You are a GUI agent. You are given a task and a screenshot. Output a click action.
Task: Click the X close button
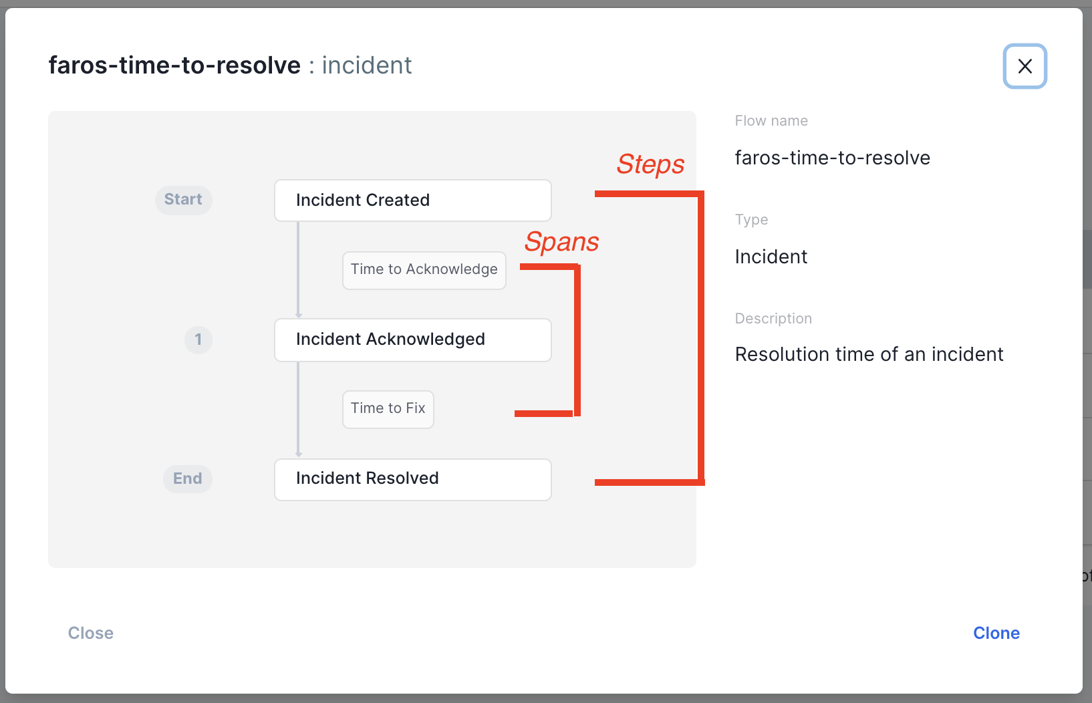1025,66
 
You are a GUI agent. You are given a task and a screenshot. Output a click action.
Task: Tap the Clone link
996,633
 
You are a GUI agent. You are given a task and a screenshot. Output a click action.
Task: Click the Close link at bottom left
91,633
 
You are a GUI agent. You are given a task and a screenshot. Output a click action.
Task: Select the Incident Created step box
413,200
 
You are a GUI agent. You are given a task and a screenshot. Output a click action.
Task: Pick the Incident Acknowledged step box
413,339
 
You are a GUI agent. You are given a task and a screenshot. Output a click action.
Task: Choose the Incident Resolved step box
413,479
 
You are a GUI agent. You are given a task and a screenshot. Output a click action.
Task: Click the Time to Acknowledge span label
424,270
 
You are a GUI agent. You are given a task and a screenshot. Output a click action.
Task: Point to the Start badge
183,200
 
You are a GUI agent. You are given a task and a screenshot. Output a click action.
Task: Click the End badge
187,478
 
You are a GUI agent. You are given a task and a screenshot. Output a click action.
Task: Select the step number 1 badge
198,339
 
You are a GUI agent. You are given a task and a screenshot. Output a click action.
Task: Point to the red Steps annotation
650,164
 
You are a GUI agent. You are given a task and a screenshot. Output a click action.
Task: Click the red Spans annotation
561,242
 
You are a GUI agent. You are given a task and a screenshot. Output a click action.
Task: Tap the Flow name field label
771,121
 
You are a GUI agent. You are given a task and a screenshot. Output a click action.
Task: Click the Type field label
751,220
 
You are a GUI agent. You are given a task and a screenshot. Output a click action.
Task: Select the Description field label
773,318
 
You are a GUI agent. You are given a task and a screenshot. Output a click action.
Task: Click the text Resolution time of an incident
869,354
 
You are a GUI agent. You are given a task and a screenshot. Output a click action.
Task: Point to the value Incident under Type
771,257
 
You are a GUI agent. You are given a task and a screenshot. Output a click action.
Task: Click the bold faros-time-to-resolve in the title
174,65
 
